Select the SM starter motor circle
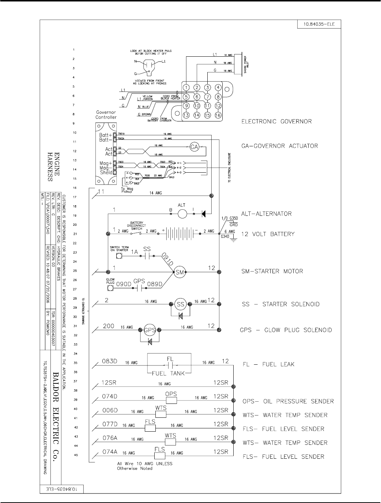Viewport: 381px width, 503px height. [x=180, y=272]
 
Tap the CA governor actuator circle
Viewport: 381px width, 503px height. [x=194, y=147]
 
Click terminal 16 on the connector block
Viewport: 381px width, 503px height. [x=218, y=115]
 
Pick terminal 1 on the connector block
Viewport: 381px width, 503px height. [x=186, y=87]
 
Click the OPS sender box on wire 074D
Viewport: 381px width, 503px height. [x=171, y=400]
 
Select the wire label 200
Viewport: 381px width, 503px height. [x=108, y=326]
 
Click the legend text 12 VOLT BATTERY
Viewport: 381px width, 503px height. [x=268, y=234]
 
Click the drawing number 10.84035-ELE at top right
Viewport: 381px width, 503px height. [x=316, y=25]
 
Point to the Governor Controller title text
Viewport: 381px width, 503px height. [x=106, y=115]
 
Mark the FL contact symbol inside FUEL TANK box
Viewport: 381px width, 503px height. [x=170, y=365]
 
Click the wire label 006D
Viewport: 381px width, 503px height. [x=110, y=410]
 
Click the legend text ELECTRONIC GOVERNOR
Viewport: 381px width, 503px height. [x=276, y=121]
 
